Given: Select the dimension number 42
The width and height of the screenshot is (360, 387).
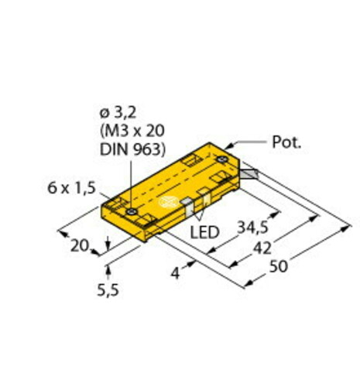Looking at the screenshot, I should click(264, 248).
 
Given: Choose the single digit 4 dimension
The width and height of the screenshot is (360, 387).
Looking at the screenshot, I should click(177, 272).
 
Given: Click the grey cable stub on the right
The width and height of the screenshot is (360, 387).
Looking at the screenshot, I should click(249, 175).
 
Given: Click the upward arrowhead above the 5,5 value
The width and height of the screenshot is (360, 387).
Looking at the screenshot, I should click(108, 269).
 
